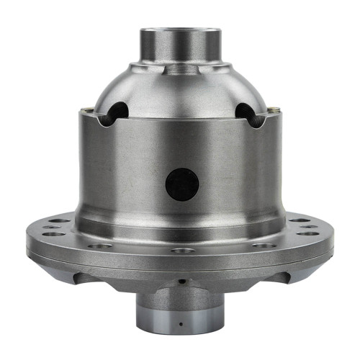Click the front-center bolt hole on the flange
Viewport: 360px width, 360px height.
click(179, 251)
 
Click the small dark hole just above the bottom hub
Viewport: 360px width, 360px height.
click(183, 281)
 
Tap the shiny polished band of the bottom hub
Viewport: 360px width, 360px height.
click(180, 317)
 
